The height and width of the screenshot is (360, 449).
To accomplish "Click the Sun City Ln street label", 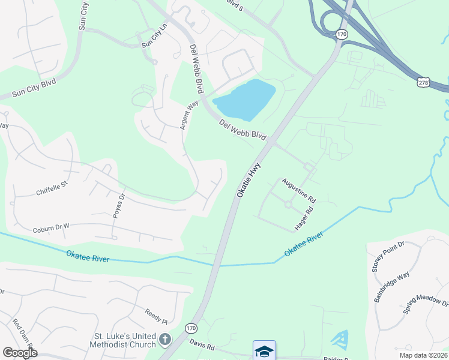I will pyautogui.click(x=154, y=37).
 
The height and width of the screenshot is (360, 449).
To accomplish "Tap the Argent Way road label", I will pyautogui.click(x=189, y=115).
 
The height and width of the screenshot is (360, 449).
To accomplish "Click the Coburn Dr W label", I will pyautogui.click(x=52, y=227).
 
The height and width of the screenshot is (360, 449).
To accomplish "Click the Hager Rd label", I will pyautogui.click(x=305, y=218).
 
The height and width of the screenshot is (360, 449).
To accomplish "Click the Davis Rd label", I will pyautogui.click(x=202, y=346).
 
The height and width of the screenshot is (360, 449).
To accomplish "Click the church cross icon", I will pyautogui.click(x=166, y=341).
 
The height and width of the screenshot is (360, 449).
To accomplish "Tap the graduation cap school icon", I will pyautogui.click(x=264, y=350).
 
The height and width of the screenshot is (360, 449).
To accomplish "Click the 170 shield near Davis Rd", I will pyautogui.click(x=190, y=328).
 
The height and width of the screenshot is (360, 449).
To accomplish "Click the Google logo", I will pyautogui.click(x=19, y=353).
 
